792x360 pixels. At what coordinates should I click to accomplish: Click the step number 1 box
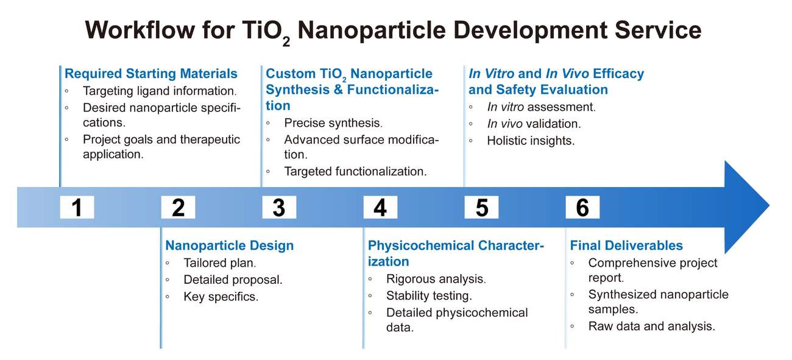[x=77, y=208]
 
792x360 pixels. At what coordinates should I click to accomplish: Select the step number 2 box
[x=178, y=208]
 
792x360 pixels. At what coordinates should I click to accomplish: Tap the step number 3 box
[x=279, y=208]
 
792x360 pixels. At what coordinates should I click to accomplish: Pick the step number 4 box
[x=380, y=208]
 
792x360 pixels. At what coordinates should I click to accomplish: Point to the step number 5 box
[x=481, y=208]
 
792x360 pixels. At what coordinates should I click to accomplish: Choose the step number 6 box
[x=582, y=208]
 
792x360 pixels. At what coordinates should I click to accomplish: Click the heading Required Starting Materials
[x=151, y=74]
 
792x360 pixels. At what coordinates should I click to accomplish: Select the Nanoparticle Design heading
[x=229, y=245]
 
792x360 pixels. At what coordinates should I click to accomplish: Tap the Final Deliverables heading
[x=626, y=245]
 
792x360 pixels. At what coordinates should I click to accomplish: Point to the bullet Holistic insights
[x=530, y=141]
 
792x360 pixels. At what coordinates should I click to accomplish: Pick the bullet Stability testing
[x=429, y=296]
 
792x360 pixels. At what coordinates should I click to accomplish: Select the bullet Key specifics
[x=221, y=297]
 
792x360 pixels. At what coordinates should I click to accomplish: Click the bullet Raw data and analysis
[x=651, y=326]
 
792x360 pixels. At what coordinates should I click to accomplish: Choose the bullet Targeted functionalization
[x=355, y=171]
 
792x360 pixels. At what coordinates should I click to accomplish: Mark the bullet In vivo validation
[x=534, y=124]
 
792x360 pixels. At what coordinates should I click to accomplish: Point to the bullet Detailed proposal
[x=233, y=280]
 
